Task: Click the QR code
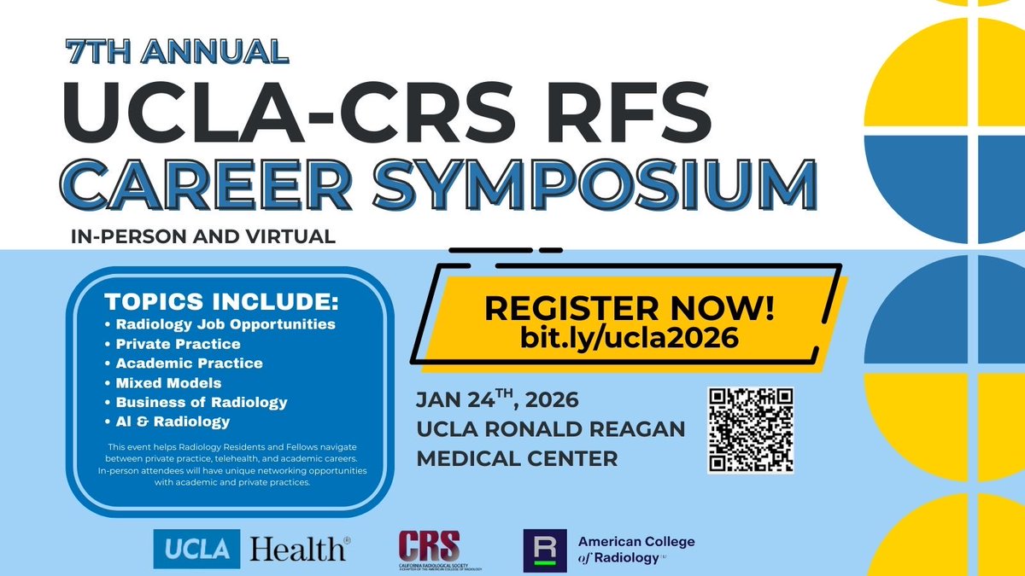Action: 751,430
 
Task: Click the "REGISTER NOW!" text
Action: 630,308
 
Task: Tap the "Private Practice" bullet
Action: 178,344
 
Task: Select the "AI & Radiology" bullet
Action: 173,422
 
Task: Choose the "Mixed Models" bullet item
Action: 168,383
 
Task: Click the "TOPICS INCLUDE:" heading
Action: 221,302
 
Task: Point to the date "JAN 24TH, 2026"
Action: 497,399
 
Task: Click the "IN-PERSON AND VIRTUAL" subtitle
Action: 204,236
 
